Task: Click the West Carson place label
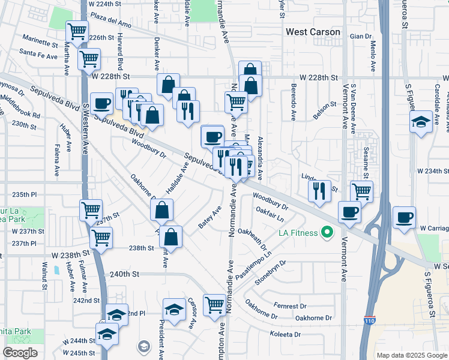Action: point(313,32)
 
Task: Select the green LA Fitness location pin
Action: point(327,232)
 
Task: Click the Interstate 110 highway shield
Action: point(370,323)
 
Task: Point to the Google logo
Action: point(20,353)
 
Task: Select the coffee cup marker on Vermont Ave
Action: point(349,211)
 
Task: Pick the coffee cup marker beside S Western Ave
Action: point(101,103)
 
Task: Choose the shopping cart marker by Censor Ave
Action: point(214,304)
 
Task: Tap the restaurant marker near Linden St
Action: point(319,190)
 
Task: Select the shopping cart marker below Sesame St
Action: point(361,191)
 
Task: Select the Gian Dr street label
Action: point(361,37)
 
